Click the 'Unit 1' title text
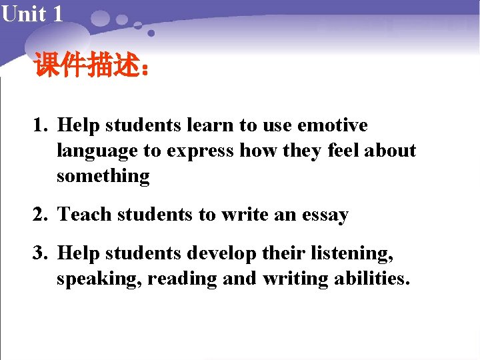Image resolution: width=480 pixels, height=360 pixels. point(32,13)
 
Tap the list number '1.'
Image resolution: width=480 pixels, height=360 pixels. point(43,125)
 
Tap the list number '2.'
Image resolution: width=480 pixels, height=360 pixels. point(43,215)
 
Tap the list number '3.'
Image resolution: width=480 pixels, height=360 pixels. point(43,253)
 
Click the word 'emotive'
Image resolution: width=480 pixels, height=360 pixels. point(333,125)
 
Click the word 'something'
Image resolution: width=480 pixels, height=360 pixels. point(103,177)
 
